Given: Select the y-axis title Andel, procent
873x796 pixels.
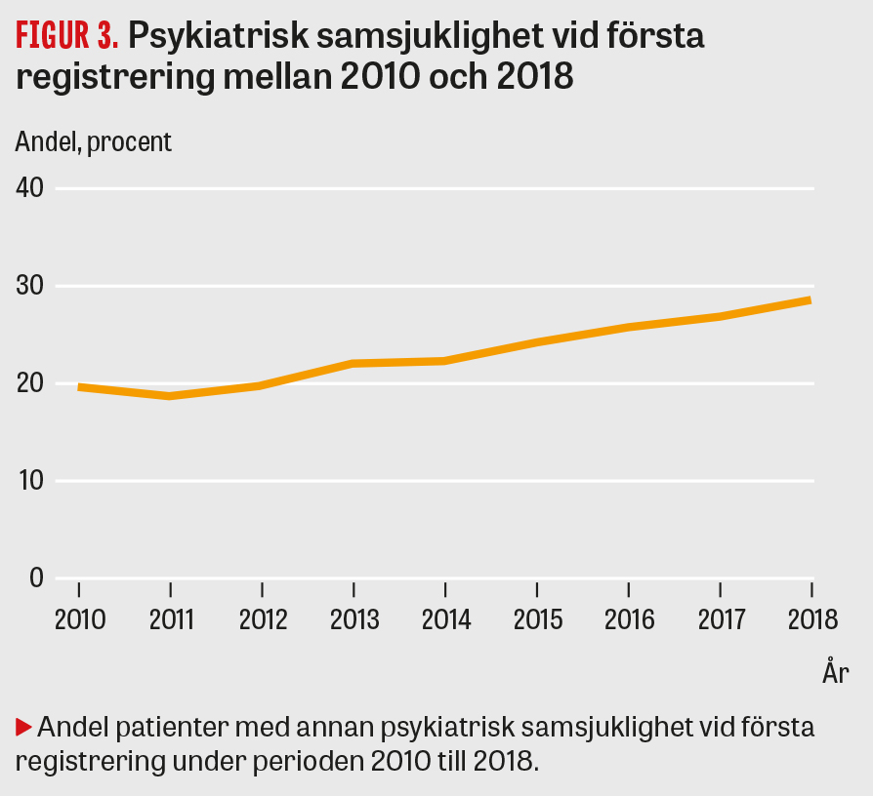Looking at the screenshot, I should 94,141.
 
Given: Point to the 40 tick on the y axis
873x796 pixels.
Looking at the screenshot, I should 30,188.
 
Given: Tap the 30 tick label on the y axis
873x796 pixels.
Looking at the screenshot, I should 30,286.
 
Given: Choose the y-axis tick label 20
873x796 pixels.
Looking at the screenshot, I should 30,383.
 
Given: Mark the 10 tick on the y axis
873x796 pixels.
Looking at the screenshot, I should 30,481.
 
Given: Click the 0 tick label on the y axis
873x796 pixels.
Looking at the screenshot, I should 36,577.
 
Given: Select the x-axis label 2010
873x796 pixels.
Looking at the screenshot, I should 79,620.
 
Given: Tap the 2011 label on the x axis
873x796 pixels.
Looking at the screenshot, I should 170,620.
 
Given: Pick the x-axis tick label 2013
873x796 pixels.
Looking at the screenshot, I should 353,620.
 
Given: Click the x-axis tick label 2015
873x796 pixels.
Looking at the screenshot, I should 537,620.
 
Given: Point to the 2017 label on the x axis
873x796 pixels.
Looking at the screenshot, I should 720,620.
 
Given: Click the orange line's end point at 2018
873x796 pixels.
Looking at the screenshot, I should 811,299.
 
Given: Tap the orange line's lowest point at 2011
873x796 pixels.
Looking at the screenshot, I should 171,396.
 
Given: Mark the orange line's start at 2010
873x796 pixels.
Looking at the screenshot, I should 79,387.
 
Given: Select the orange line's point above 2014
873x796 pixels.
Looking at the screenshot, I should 445,361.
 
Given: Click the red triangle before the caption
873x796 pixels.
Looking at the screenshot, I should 24,727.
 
